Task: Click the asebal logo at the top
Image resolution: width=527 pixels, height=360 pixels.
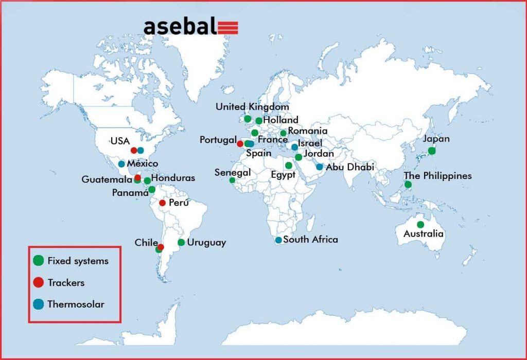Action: click(x=191, y=27)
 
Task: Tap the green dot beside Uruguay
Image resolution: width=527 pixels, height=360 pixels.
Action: click(x=181, y=242)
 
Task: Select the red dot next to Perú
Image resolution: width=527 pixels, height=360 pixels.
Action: click(x=162, y=203)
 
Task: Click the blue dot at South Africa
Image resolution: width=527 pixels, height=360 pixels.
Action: click(x=278, y=240)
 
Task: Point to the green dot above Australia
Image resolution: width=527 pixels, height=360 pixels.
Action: click(x=420, y=224)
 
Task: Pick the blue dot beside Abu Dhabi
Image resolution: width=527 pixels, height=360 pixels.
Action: click(x=320, y=167)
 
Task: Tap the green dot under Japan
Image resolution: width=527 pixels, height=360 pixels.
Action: click(x=432, y=151)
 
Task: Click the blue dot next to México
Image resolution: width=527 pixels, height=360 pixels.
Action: click(x=121, y=164)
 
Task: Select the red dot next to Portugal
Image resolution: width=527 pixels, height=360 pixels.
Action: click(x=240, y=143)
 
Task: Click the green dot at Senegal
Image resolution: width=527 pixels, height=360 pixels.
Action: click(x=232, y=181)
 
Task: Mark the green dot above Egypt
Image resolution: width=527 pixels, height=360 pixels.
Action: click(x=288, y=165)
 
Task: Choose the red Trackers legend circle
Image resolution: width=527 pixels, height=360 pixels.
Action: click(x=39, y=282)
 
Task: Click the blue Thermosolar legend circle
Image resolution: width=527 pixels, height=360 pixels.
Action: click(x=39, y=304)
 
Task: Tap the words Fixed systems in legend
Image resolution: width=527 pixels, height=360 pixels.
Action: click(x=78, y=261)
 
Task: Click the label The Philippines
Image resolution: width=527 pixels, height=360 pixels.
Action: click(x=437, y=176)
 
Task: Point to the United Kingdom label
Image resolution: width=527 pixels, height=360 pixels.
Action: click(x=252, y=107)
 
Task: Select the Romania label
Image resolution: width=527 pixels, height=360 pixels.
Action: click(x=308, y=131)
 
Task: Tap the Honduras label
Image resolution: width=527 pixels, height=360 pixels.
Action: click(x=173, y=178)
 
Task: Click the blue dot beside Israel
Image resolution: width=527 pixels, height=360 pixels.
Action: click(x=294, y=147)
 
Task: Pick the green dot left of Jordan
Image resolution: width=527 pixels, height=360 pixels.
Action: click(x=298, y=157)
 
